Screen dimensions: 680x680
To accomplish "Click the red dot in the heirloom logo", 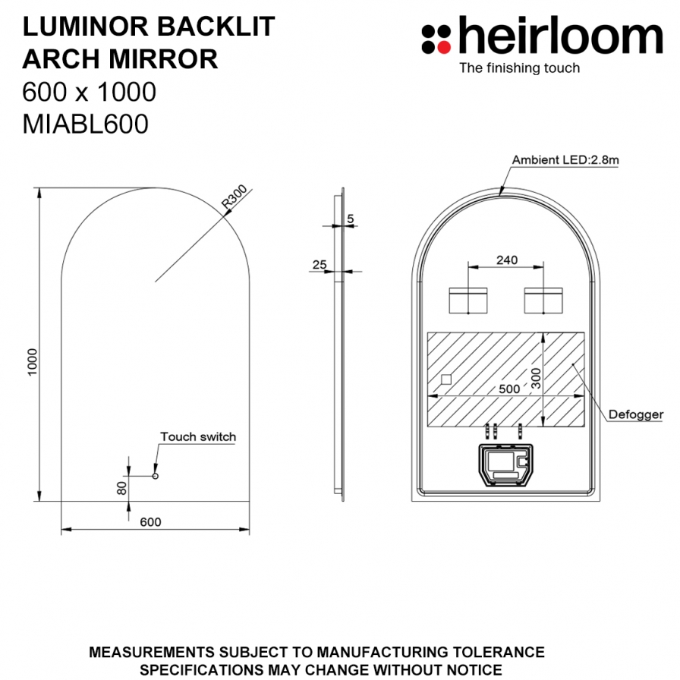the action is click(x=444, y=47).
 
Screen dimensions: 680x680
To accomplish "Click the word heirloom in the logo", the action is click(x=560, y=35).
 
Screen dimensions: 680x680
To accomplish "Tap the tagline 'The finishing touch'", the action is click(x=520, y=68).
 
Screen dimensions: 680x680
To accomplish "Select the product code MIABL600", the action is click(x=86, y=124).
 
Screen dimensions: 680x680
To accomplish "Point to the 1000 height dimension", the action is click(x=33, y=362).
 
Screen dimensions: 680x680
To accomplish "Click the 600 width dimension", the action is click(x=150, y=521).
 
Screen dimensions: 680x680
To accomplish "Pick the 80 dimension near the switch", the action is click(x=122, y=488).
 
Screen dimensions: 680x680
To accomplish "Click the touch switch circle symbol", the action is click(x=156, y=476).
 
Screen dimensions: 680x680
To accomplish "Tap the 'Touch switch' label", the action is click(x=198, y=436).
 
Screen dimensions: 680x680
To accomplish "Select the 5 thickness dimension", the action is click(x=351, y=219).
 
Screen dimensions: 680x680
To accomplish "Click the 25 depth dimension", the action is click(x=320, y=265).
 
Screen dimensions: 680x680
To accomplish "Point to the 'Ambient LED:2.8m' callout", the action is click(x=565, y=160).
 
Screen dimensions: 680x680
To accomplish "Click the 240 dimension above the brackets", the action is click(x=507, y=260).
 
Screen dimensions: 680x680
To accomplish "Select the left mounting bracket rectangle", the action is click(x=468, y=301).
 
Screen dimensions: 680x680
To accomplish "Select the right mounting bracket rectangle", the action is click(x=543, y=301).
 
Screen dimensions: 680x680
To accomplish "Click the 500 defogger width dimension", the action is click(x=509, y=389).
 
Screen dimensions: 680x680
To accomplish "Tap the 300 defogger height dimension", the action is click(x=537, y=379).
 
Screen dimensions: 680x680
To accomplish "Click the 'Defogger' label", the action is click(x=636, y=414).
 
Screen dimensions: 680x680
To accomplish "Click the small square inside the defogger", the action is click(x=446, y=380).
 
